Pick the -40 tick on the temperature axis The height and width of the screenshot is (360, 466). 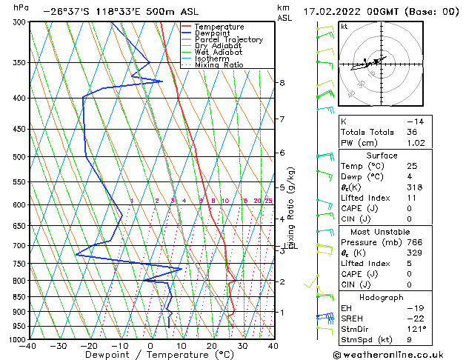[29, 346]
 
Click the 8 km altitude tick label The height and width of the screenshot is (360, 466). [282, 82]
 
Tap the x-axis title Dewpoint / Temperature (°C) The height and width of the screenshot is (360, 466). [150, 356]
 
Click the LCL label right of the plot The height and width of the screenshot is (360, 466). [290, 246]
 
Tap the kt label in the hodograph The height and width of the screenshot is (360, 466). [344, 26]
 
